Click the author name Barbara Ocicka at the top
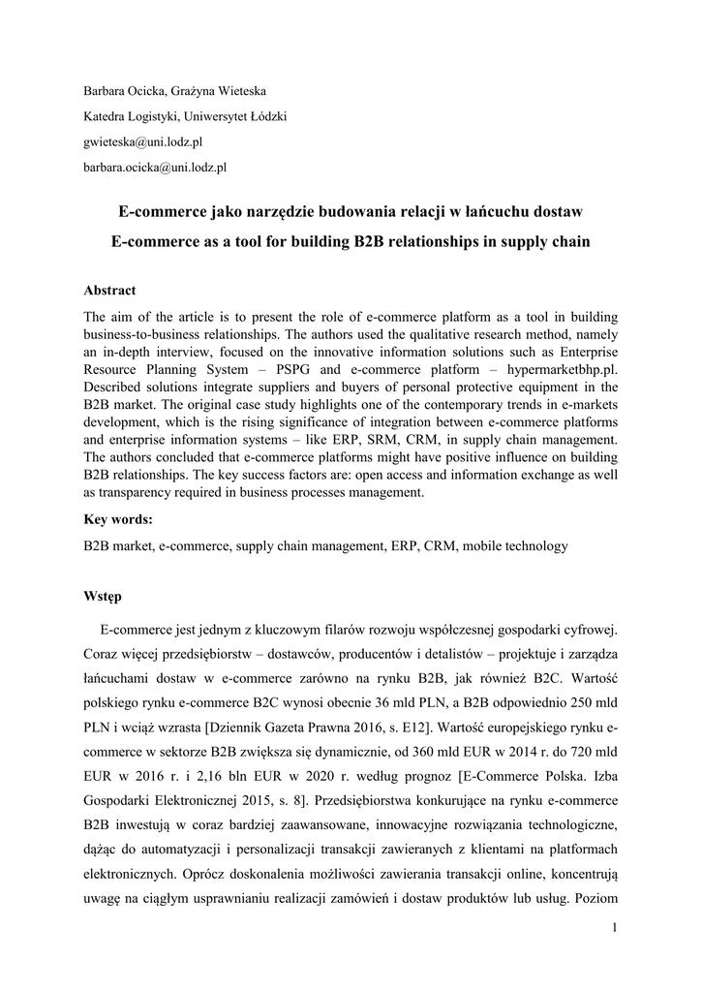coord(120,92)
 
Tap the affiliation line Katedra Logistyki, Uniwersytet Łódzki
coord(185,117)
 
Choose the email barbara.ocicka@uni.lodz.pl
coord(155,168)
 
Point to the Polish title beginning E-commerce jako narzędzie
coord(351,210)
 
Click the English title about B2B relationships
coord(351,240)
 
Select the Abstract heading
coord(109,291)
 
